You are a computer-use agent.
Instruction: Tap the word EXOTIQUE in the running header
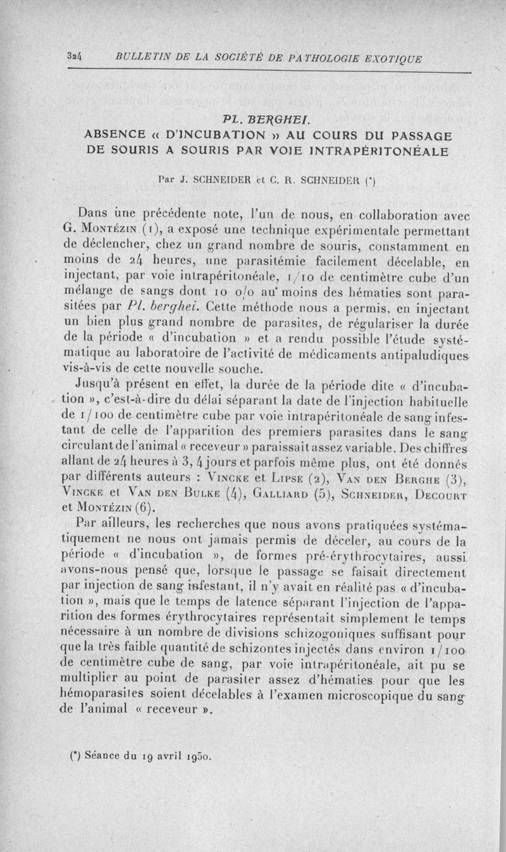[x=393, y=59]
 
